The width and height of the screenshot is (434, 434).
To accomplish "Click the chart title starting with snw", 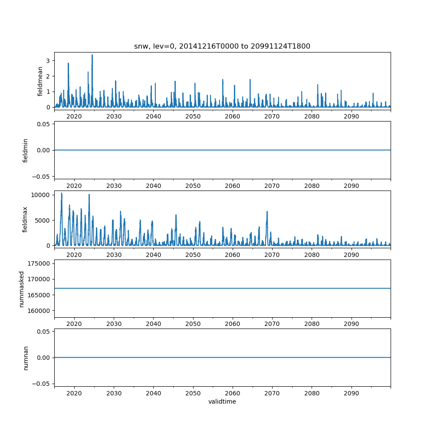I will coord(222,46).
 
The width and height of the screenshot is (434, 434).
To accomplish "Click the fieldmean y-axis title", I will coord(40,81).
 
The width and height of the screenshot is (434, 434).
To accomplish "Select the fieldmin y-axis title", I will coord(26,150).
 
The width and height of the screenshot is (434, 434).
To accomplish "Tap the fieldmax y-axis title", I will coord(26,219).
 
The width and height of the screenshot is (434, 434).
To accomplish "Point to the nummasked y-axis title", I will coord(21,288).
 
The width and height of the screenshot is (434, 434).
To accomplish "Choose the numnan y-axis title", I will coord(26,358).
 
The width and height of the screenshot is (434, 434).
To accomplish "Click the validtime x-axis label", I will coord(222,402).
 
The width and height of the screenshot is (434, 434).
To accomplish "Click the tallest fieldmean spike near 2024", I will coord(92,55).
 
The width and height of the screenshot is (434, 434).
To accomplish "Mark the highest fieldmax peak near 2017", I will coord(62,194).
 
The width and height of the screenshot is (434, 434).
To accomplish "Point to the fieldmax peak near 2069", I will coord(267,212).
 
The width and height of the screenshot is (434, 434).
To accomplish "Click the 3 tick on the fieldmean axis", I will coord(48,60).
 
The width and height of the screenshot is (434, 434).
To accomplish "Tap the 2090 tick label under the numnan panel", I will coord(351,393).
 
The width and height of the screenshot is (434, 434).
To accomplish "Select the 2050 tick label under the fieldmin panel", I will coord(193,186).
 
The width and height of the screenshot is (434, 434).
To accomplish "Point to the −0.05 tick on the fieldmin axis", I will coord(42,176).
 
